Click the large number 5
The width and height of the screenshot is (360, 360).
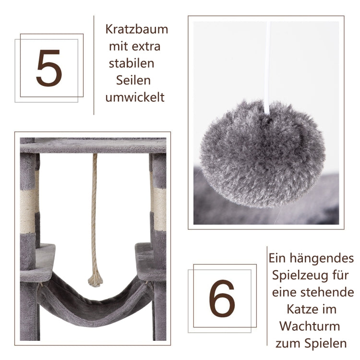49,68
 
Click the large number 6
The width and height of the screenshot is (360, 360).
222,298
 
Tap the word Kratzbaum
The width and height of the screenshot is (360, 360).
137,30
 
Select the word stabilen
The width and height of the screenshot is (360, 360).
132,63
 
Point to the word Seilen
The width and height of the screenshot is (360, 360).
133,80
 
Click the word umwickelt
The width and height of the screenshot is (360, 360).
135,97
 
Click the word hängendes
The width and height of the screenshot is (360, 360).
322,259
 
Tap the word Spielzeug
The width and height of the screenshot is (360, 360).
299,275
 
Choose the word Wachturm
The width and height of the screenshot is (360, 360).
310,326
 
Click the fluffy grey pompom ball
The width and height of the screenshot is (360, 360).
263,154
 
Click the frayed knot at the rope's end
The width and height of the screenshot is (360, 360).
96,278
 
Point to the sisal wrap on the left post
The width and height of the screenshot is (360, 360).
27,212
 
